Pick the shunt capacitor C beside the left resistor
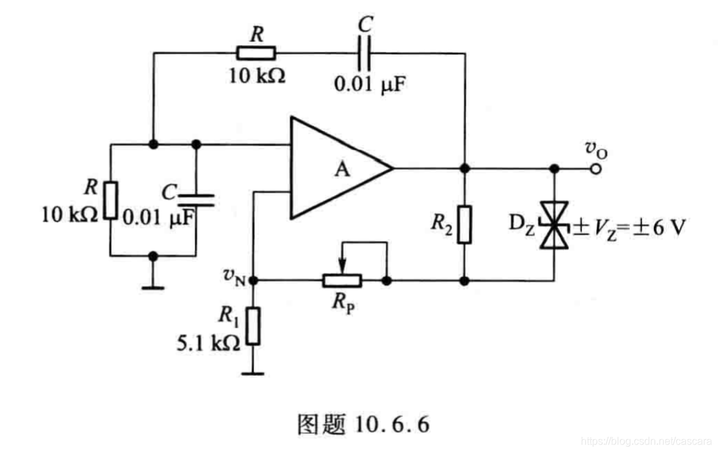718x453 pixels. click(x=196, y=199)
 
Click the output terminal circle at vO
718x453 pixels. click(x=595, y=169)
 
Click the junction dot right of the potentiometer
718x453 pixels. click(x=387, y=281)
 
